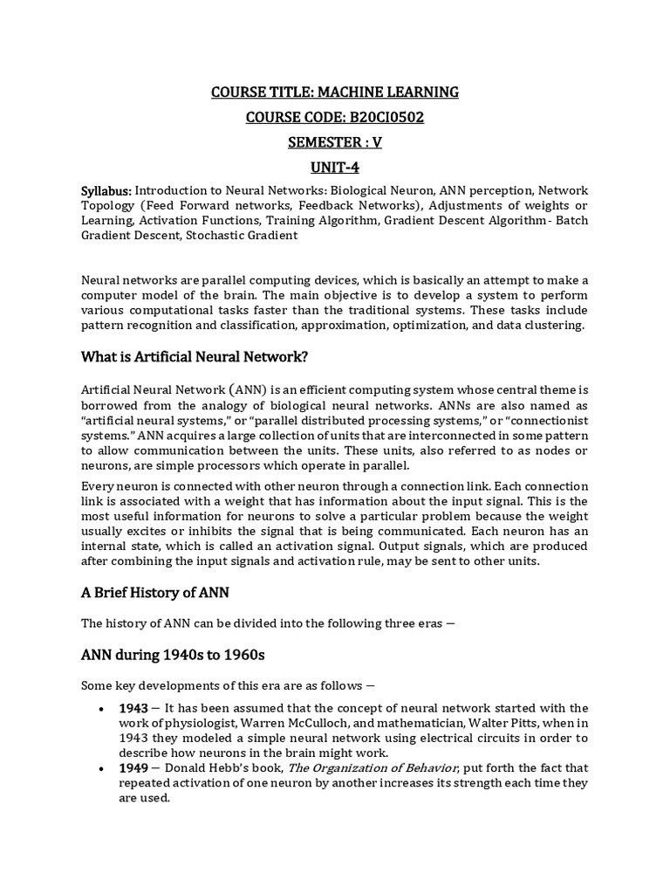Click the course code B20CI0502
379,118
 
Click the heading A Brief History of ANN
154,592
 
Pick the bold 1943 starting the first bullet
134,707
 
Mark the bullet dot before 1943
104,708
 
